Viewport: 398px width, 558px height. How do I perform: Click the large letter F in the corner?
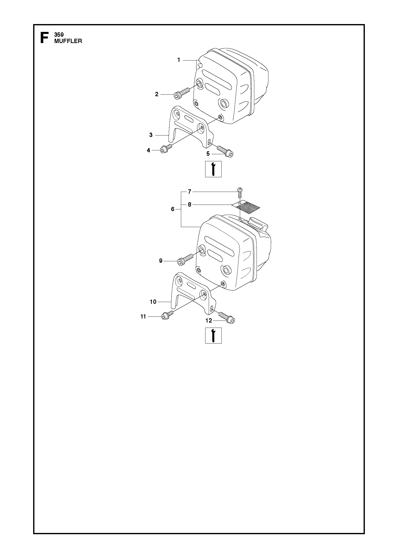coord(44,37)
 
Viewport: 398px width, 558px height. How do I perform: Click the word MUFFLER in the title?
coord(68,41)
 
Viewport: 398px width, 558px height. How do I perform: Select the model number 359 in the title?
coord(59,35)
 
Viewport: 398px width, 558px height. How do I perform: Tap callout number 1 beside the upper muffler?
coord(179,60)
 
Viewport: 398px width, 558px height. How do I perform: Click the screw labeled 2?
coord(182,92)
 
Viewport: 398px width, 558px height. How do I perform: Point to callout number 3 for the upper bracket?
coord(151,135)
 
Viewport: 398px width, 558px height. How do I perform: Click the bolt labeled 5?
coord(225,151)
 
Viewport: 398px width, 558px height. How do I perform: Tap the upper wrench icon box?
coord(213,169)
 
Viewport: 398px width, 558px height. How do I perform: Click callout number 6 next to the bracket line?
coord(173,209)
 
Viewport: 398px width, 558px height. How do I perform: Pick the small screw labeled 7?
coord(239,192)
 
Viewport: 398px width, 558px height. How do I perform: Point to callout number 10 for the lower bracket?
coord(153,302)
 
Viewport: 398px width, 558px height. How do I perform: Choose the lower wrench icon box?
coord(213,335)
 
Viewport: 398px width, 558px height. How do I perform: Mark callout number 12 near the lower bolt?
coord(208,321)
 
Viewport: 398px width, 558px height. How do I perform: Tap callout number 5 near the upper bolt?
coord(208,154)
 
